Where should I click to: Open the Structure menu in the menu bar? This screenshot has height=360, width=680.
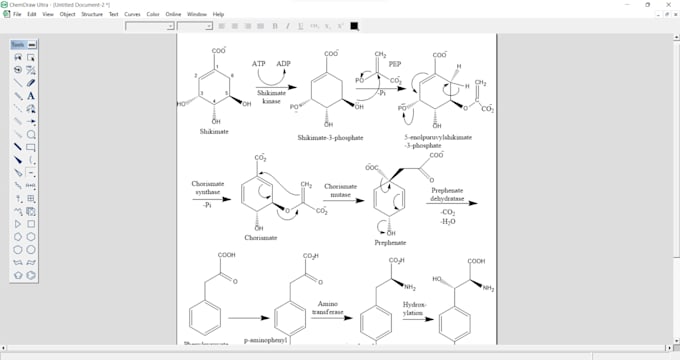[92, 15]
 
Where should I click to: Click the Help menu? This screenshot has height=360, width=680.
[218, 15]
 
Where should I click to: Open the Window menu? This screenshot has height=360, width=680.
[197, 15]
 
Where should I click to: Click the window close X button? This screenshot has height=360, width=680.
[670, 5]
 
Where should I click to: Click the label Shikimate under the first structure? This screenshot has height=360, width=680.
[214, 131]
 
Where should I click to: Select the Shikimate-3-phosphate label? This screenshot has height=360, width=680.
[331, 137]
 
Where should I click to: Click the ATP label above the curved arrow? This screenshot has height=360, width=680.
[259, 63]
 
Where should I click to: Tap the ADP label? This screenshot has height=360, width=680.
[284, 63]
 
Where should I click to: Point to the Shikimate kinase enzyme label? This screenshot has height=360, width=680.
[271, 97]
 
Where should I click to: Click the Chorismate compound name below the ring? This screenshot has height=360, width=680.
[261, 238]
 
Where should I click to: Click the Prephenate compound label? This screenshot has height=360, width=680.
[390, 243]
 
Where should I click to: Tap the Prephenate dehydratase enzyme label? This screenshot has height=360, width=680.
[446, 195]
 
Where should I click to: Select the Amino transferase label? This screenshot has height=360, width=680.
[328, 307]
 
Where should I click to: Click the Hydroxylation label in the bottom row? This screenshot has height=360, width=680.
[414, 307]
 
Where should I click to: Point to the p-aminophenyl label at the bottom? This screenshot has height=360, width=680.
[267, 340]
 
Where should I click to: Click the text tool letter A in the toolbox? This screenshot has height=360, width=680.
[32, 95]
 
